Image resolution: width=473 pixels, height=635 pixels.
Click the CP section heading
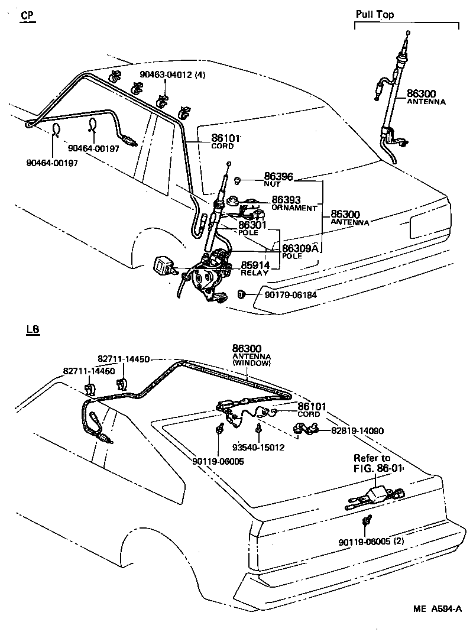(x=27, y=15)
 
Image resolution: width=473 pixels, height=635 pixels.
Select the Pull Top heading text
(x=375, y=14)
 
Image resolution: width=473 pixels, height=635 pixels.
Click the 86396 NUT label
(x=278, y=179)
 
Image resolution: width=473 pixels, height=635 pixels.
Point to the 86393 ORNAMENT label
(x=294, y=203)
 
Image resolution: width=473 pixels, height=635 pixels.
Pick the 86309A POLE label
(x=300, y=251)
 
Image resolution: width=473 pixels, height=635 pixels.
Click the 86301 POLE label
(x=253, y=228)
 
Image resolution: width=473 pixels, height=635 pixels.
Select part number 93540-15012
(x=258, y=448)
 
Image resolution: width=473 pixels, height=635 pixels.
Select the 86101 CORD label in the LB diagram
(x=312, y=410)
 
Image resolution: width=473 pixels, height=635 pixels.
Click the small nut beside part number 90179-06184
(x=241, y=293)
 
